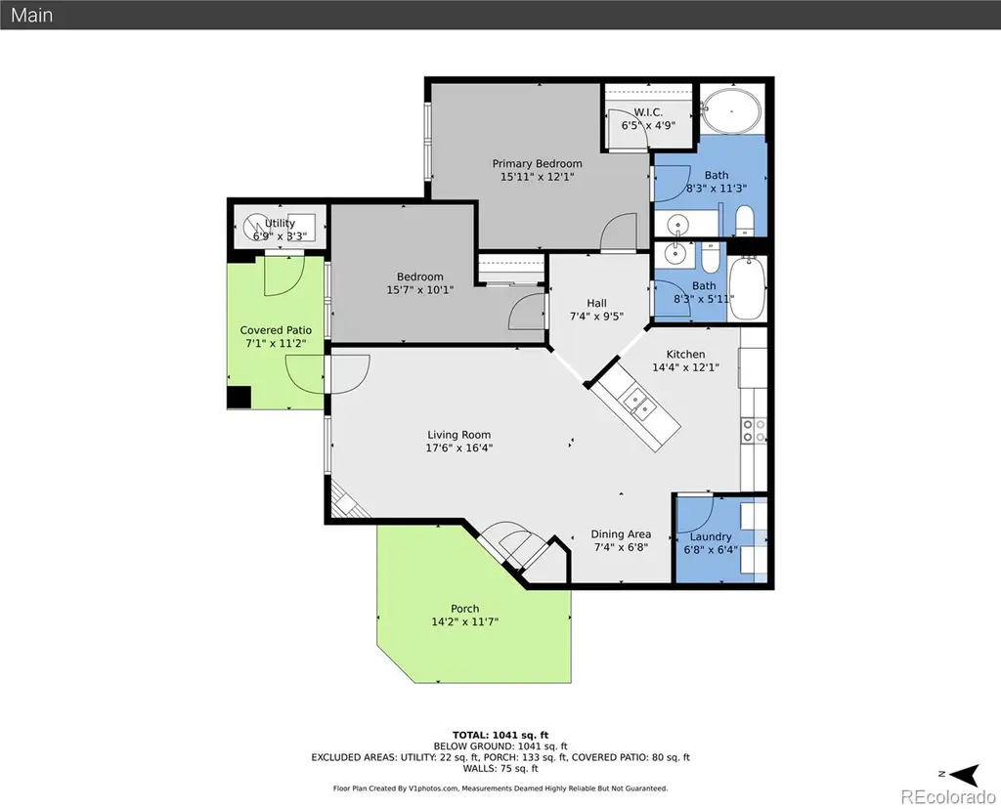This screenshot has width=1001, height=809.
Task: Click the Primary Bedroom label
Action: [537, 163]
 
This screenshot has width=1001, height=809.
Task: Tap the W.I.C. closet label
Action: [648, 112]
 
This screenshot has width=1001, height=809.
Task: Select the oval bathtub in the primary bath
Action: [731, 110]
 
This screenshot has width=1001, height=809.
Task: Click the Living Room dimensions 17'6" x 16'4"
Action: [459, 447]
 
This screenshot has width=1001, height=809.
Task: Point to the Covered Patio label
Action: [276, 330]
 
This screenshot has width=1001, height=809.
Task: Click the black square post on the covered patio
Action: [239, 397]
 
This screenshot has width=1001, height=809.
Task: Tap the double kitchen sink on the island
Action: [638, 404]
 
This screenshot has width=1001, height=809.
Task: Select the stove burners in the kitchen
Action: [754, 431]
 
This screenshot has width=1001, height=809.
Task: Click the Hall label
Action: [597, 303]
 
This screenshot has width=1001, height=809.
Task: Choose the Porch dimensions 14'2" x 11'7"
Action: [464, 621]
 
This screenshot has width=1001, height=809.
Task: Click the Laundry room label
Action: [711, 536]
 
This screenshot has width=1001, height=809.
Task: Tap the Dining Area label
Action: [621, 534]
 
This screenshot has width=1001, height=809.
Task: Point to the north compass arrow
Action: [965, 775]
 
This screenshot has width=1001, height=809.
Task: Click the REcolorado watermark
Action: [948, 797]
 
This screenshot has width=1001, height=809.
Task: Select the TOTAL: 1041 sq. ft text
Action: [500, 735]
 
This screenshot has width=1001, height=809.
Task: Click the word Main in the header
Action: [32, 15]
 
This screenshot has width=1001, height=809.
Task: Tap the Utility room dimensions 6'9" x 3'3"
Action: [280, 236]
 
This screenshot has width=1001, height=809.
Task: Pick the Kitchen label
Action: [685, 354]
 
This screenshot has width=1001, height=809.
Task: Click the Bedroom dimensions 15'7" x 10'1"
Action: [420, 289]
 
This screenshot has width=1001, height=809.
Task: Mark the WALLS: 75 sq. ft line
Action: [500, 768]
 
